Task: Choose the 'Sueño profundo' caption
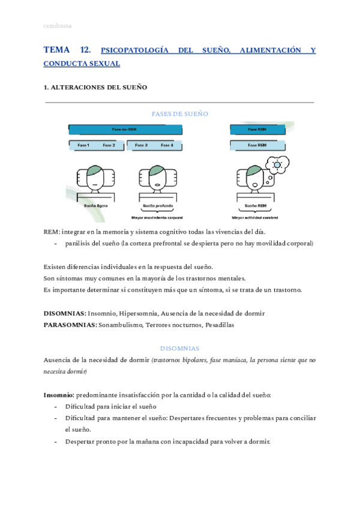click(157, 206)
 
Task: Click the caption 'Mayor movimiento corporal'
click(157, 217)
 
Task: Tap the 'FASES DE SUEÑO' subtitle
click(180, 113)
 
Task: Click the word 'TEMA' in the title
click(57, 50)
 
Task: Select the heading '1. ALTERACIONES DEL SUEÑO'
click(95, 88)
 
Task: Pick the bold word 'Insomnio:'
click(59, 395)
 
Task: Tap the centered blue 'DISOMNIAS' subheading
click(180, 348)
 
